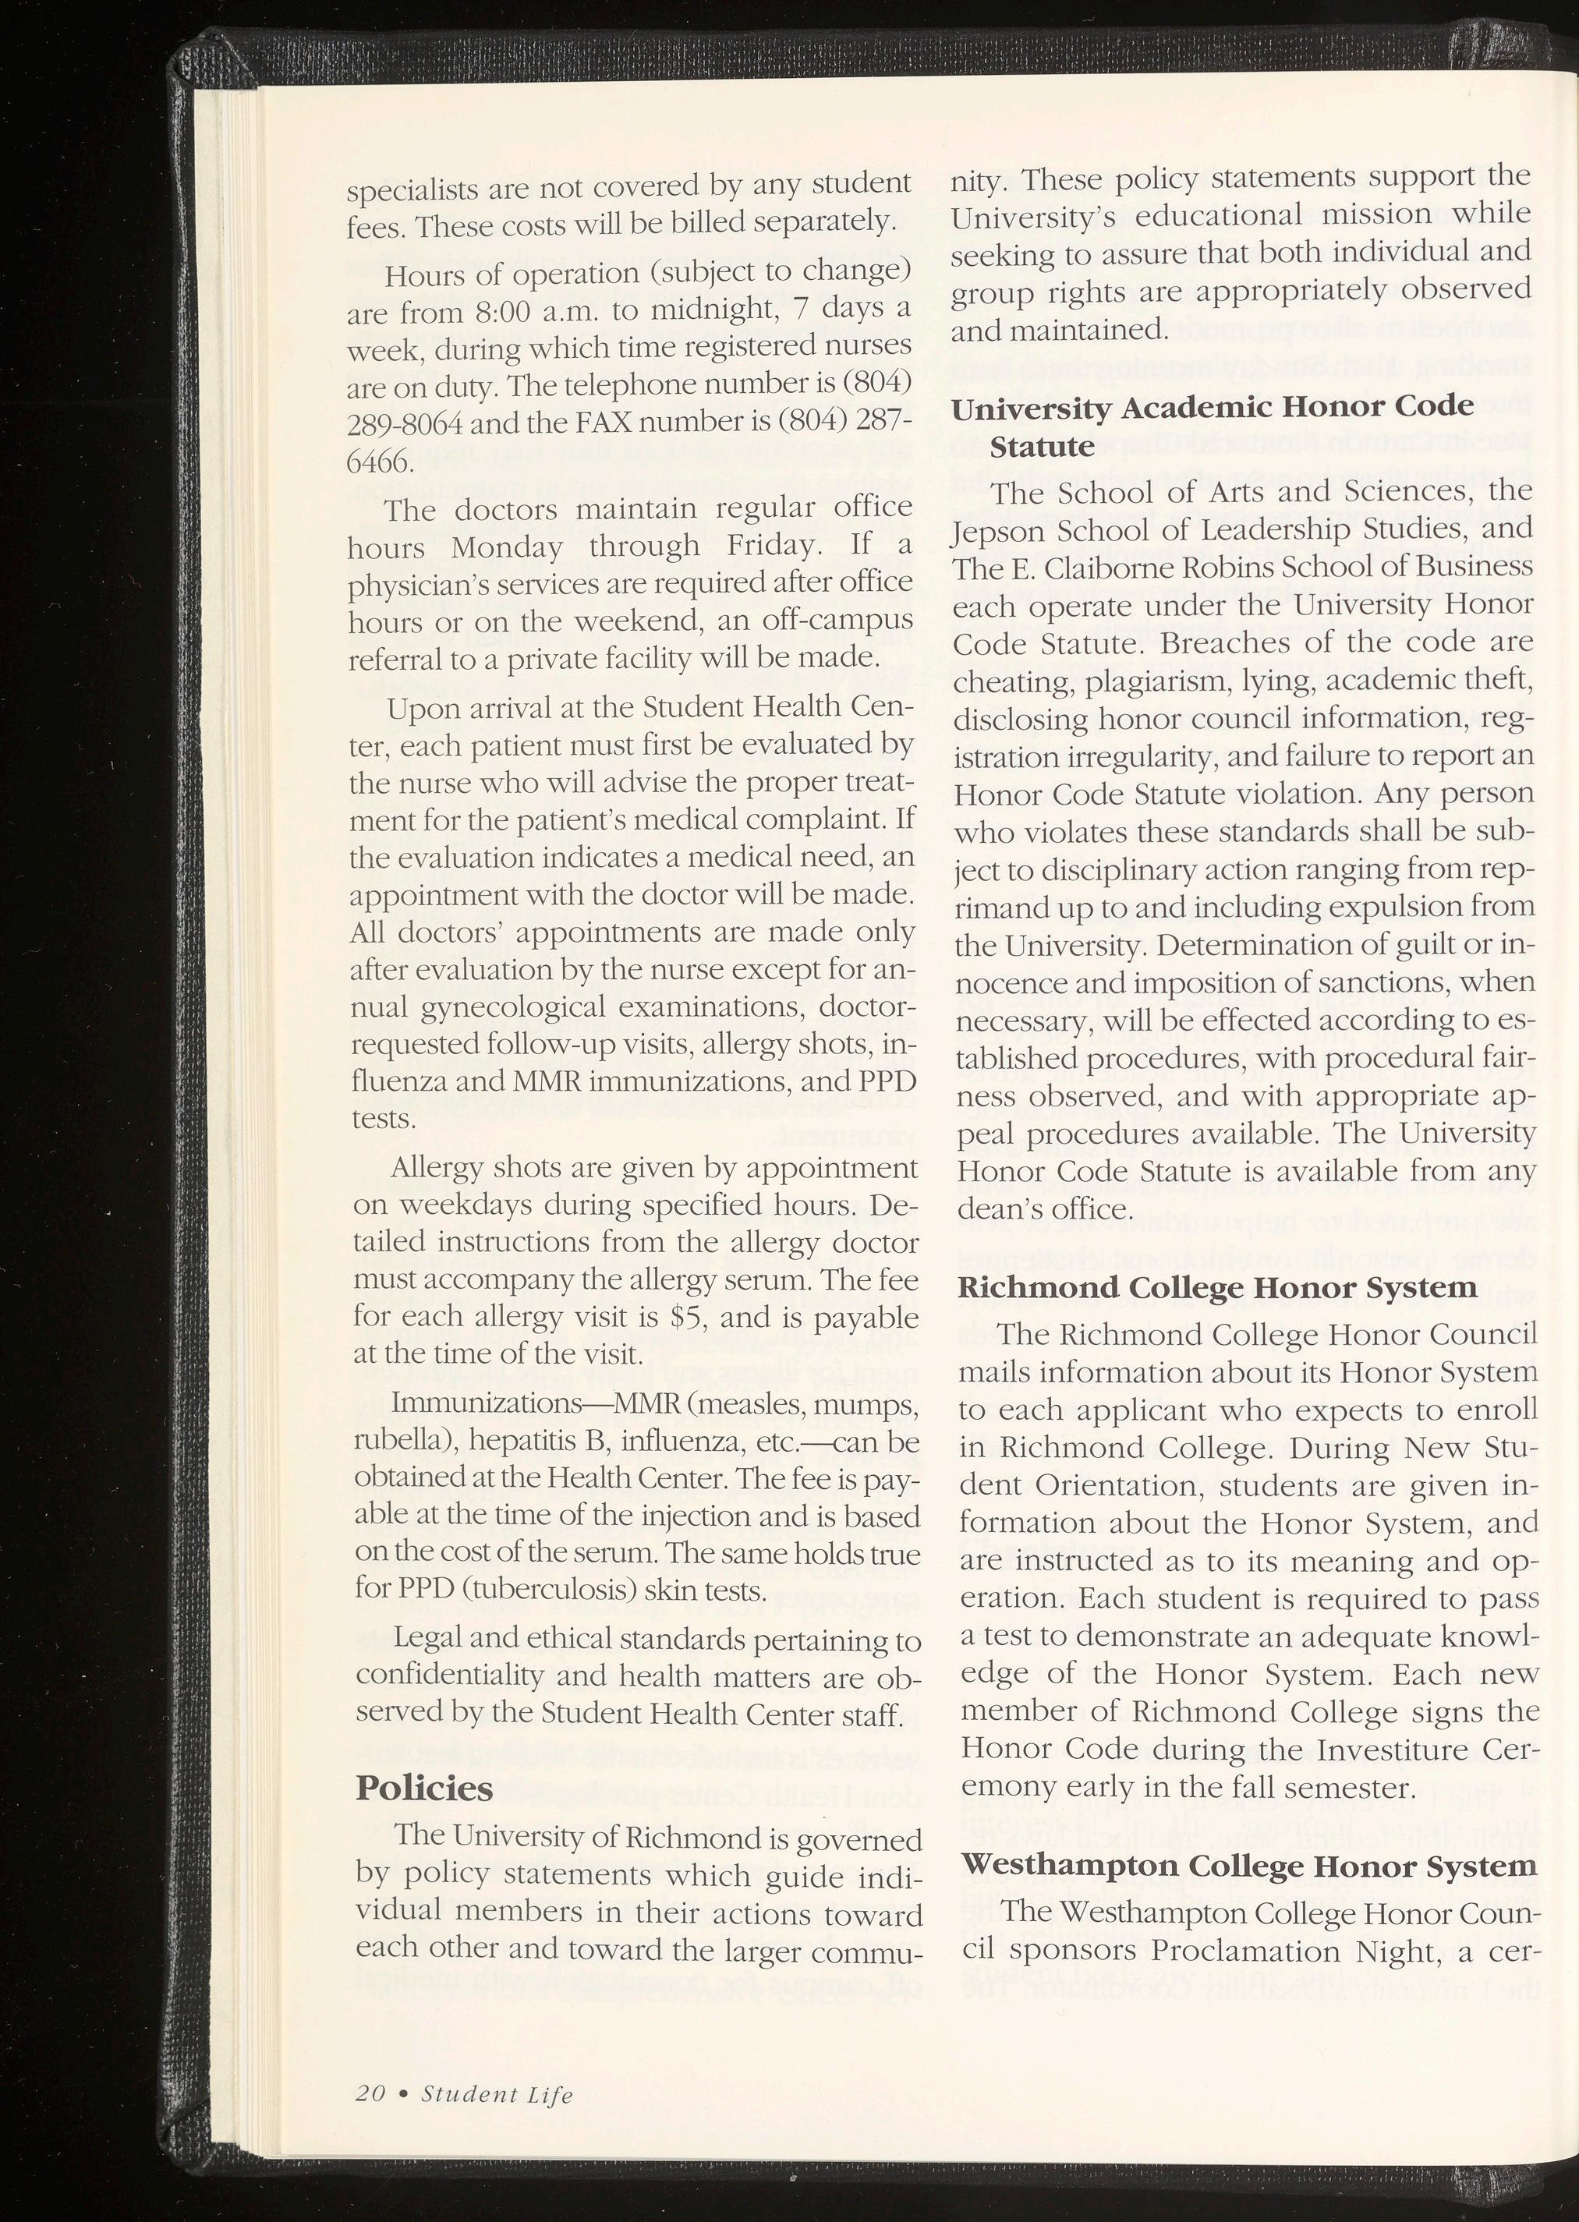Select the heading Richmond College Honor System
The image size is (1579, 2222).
[x=1217, y=1289]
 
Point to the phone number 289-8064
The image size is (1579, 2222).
[x=399, y=424]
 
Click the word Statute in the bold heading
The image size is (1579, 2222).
[x=1041, y=447]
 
